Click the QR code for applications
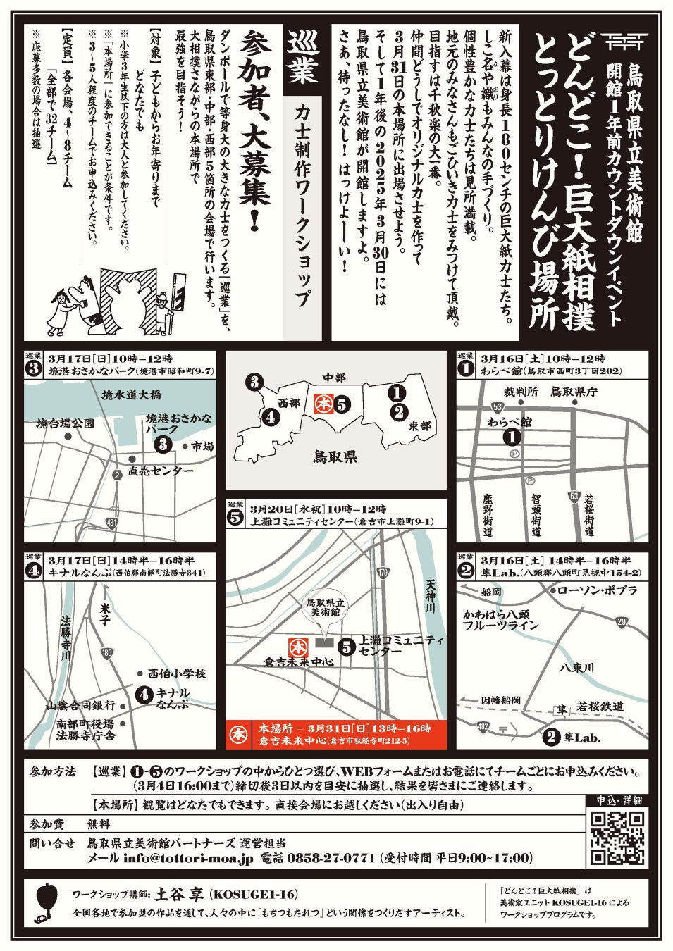[x=618, y=838]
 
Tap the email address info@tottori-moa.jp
[x=188, y=858]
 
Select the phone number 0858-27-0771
[x=331, y=858]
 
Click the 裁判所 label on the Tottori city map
[x=521, y=392]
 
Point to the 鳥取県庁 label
[x=574, y=392]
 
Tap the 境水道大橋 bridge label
[x=132, y=394]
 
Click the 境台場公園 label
[x=65, y=423]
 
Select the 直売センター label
[x=161, y=471]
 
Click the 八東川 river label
[x=576, y=667]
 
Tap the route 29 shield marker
[x=622, y=623]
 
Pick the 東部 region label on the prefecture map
[x=419, y=425]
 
